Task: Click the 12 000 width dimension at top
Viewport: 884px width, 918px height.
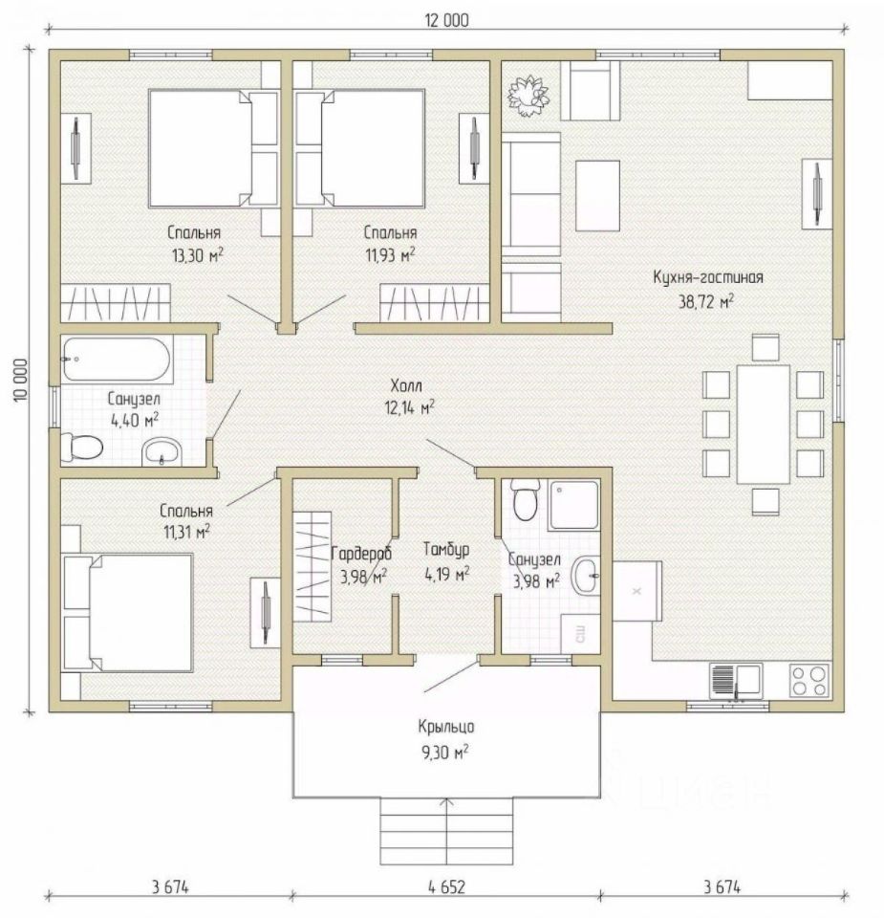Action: point(446,20)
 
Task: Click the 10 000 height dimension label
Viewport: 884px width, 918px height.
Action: point(20,380)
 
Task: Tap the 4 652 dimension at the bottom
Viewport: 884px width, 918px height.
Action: point(446,887)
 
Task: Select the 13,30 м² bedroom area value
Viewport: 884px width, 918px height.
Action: point(197,255)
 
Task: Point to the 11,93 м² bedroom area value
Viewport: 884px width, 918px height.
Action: point(390,255)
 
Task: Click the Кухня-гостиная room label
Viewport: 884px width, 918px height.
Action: point(708,277)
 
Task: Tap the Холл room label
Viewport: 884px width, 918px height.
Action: point(406,385)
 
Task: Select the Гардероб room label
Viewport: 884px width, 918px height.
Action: point(361,554)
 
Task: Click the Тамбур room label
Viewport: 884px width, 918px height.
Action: point(445,551)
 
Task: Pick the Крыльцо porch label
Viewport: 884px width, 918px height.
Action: point(445,727)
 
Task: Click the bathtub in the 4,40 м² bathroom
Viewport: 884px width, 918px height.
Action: point(117,359)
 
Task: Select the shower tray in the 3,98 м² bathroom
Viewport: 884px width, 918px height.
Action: point(574,505)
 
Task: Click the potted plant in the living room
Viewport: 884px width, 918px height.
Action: point(528,96)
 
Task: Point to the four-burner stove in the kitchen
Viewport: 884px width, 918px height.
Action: point(809,680)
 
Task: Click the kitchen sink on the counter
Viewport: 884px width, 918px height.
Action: point(737,681)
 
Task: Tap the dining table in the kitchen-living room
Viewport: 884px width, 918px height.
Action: point(764,424)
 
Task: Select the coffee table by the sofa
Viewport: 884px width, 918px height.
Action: point(597,195)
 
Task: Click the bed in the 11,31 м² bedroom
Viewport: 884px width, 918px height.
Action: point(127,612)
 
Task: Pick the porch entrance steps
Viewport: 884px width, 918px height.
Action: point(446,830)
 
